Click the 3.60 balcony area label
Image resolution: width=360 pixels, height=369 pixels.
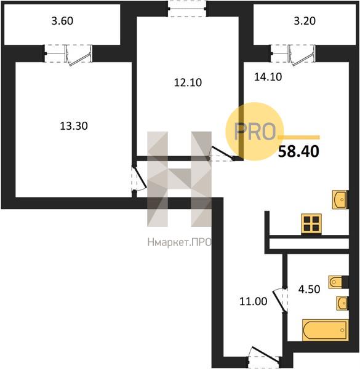click(x=62, y=21)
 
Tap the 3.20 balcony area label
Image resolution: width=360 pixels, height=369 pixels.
click(x=305, y=21)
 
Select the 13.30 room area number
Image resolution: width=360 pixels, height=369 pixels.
click(x=74, y=126)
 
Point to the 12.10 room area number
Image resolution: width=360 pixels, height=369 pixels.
click(x=188, y=82)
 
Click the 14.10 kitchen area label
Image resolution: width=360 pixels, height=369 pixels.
click(x=268, y=77)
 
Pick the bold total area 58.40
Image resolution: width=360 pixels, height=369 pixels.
click(x=298, y=151)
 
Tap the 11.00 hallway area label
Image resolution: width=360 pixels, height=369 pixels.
click(x=253, y=301)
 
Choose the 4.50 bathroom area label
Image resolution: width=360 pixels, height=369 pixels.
click(x=309, y=289)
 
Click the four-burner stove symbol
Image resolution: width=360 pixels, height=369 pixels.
click(x=311, y=224)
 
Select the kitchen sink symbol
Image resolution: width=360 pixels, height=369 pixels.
click(x=340, y=199)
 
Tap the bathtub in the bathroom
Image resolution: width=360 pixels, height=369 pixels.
click(x=326, y=330)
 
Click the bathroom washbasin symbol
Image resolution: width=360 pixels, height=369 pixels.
click(x=342, y=303)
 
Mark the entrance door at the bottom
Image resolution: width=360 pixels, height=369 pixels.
click(x=264, y=355)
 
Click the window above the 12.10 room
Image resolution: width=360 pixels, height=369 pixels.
click(x=188, y=9)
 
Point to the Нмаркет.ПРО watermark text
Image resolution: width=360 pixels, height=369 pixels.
click(x=180, y=242)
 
